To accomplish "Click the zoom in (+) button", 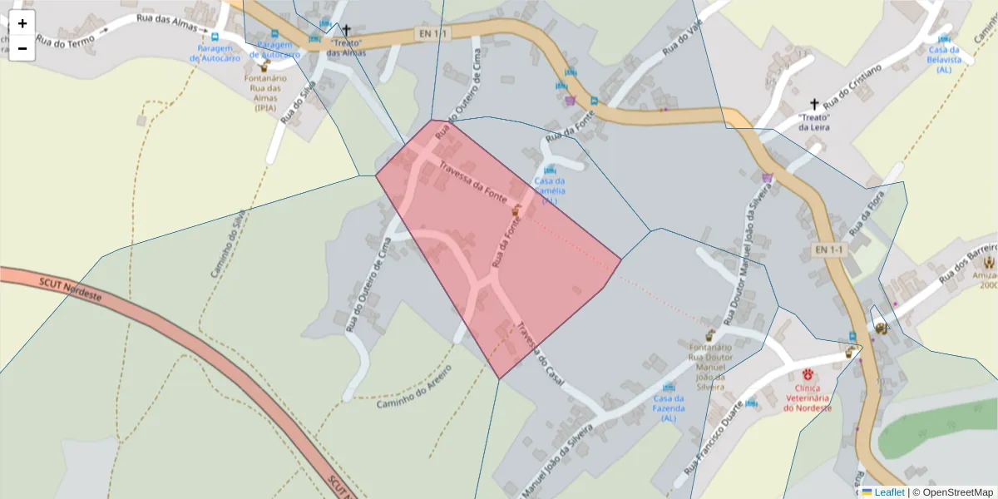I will [x=22, y=23].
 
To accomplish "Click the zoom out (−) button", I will [x=22, y=48].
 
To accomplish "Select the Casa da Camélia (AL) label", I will [x=550, y=190].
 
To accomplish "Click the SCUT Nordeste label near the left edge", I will [x=70, y=289].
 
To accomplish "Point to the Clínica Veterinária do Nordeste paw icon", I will [x=808, y=373].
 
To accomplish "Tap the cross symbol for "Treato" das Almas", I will [x=347, y=30].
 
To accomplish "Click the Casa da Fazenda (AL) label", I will [x=669, y=408].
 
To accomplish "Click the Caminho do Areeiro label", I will [x=413, y=387].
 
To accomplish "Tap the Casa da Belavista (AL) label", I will [x=944, y=59].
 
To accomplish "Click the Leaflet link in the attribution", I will [x=889, y=492].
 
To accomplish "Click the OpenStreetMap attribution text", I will [x=952, y=492].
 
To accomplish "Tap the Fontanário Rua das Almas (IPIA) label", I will [x=265, y=92].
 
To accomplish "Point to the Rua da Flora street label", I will [x=867, y=213].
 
